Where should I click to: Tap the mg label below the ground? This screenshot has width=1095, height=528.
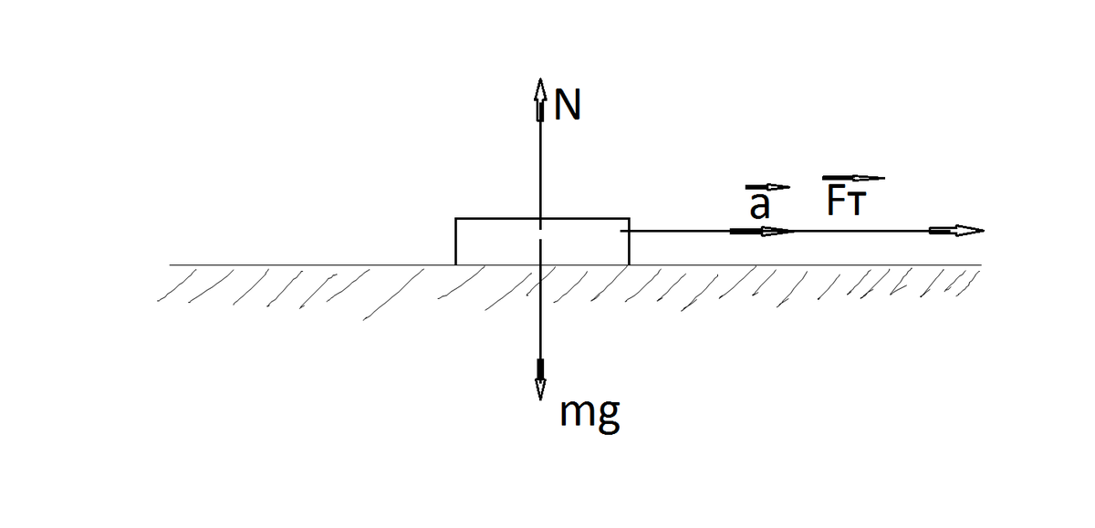pyautogui.click(x=590, y=415)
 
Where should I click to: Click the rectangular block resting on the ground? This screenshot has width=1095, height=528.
pyautogui.click(x=542, y=242)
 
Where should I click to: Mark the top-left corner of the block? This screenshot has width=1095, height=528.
pyautogui.click(x=456, y=219)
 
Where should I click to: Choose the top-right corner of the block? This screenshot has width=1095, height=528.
pyautogui.click(x=629, y=219)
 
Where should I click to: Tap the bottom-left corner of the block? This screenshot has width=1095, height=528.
pyautogui.click(x=456, y=264)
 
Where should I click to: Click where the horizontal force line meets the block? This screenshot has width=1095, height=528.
pyautogui.click(x=629, y=231)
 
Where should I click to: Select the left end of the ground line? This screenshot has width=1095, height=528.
pyautogui.click(x=170, y=264)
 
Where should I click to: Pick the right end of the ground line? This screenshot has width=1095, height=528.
pyautogui.click(x=981, y=264)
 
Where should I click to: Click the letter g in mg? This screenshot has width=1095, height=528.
pyautogui.click(x=610, y=418)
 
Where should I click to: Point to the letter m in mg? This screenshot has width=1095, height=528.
pyautogui.click(x=578, y=415)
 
